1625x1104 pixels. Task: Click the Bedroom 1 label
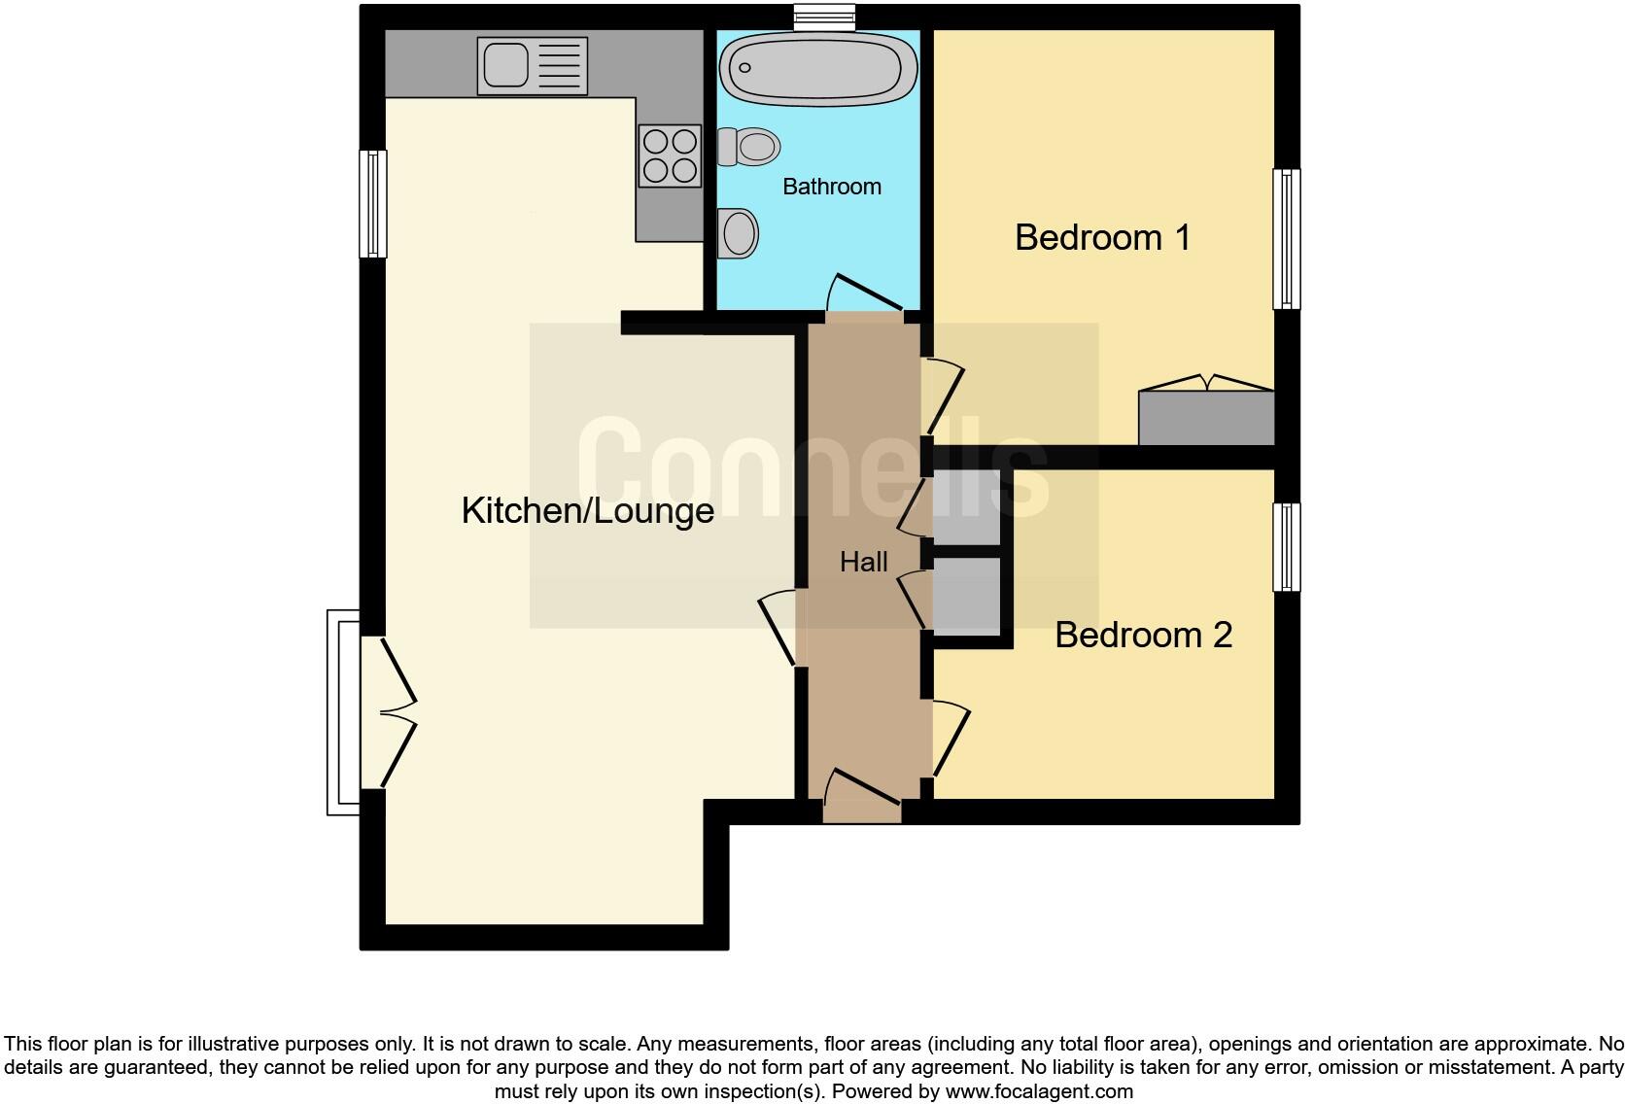(1102, 237)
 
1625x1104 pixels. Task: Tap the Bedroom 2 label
(1143, 635)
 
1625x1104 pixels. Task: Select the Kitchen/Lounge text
(587, 510)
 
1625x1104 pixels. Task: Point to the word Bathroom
(831, 187)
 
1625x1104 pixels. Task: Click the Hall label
(863, 562)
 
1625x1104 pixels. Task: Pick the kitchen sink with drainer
(532, 65)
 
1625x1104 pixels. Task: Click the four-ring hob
(670, 155)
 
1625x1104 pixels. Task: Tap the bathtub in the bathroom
(817, 68)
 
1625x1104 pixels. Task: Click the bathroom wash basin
(740, 233)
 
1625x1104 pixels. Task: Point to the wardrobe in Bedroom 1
(1206, 417)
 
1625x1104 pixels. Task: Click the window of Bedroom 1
(1286, 239)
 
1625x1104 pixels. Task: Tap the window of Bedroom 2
(1286, 546)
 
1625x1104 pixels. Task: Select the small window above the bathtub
(823, 16)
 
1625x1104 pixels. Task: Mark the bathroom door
(865, 295)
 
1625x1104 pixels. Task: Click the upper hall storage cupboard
(965, 506)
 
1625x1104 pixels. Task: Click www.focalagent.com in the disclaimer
(1039, 1091)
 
